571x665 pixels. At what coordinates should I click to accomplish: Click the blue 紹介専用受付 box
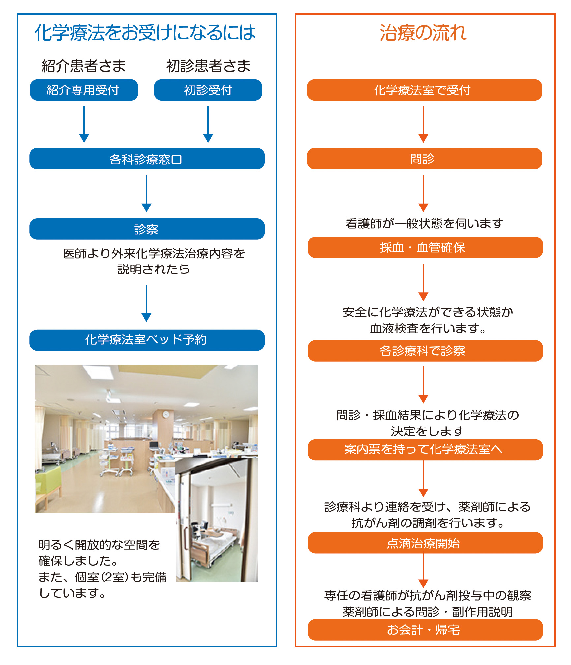pyautogui.click(x=84, y=90)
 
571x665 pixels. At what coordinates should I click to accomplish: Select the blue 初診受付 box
pyautogui.click(x=208, y=90)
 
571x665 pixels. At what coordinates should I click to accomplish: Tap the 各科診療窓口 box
pyautogui.click(x=147, y=159)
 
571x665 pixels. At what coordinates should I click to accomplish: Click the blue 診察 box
pyautogui.click(x=147, y=229)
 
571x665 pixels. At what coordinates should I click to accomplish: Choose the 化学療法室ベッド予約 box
pyautogui.click(x=147, y=340)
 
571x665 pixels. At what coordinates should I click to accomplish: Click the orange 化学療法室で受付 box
pyautogui.click(x=424, y=90)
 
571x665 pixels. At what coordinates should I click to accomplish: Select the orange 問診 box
pyautogui.click(x=424, y=159)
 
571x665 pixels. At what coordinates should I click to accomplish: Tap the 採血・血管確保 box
pyautogui.click(x=425, y=247)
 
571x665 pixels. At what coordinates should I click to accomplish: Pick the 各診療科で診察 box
pyautogui.click(x=425, y=351)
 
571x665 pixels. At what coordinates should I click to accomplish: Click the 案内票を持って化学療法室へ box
pyautogui.click(x=425, y=450)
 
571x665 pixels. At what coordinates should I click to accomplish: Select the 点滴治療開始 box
pyautogui.click(x=425, y=543)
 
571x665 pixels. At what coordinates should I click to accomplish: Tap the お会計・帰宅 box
pyautogui.click(x=425, y=630)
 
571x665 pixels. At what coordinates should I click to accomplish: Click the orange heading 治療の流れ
pyautogui.click(x=424, y=33)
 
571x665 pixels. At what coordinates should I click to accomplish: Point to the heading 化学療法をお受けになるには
pyautogui.click(x=145, y=33)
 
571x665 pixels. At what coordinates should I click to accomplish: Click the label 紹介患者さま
pyautogui.click(x=84, y=66)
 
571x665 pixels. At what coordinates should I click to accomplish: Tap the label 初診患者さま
pyautogui.click(x=208, y=66)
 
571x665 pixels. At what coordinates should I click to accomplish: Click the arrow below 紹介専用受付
pyautogui.click(x=84, y=124)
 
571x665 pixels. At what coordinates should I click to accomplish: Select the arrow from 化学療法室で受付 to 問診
pyautogui.click(x=423, y=124)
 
